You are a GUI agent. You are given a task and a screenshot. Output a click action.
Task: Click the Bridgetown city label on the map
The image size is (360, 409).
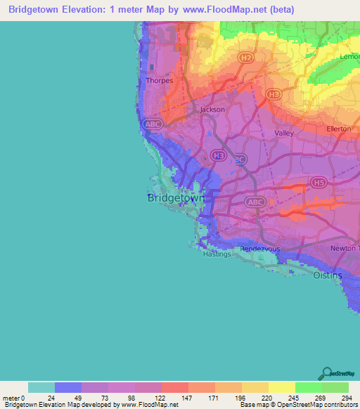pos(176,198)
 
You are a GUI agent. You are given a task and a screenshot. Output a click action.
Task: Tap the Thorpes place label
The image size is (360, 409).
pos(159,81)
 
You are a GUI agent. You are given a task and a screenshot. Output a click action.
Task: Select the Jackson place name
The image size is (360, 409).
pos(212,110)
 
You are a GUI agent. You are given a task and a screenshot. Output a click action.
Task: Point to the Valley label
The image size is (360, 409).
pos(284,133)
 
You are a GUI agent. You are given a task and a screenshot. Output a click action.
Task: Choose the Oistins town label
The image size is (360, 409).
pos(328,275)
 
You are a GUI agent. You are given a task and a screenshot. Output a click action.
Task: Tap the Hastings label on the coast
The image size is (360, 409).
pos(216,254)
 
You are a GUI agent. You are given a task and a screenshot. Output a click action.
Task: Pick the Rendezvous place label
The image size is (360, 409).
pos(261,249)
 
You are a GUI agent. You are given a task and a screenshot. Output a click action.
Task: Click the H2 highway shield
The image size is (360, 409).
pos(245,56)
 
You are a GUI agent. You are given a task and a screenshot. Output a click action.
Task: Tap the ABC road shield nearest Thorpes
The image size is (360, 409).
pos(152,124)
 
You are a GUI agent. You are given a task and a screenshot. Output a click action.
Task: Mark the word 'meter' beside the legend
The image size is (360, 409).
pos(12,397)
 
